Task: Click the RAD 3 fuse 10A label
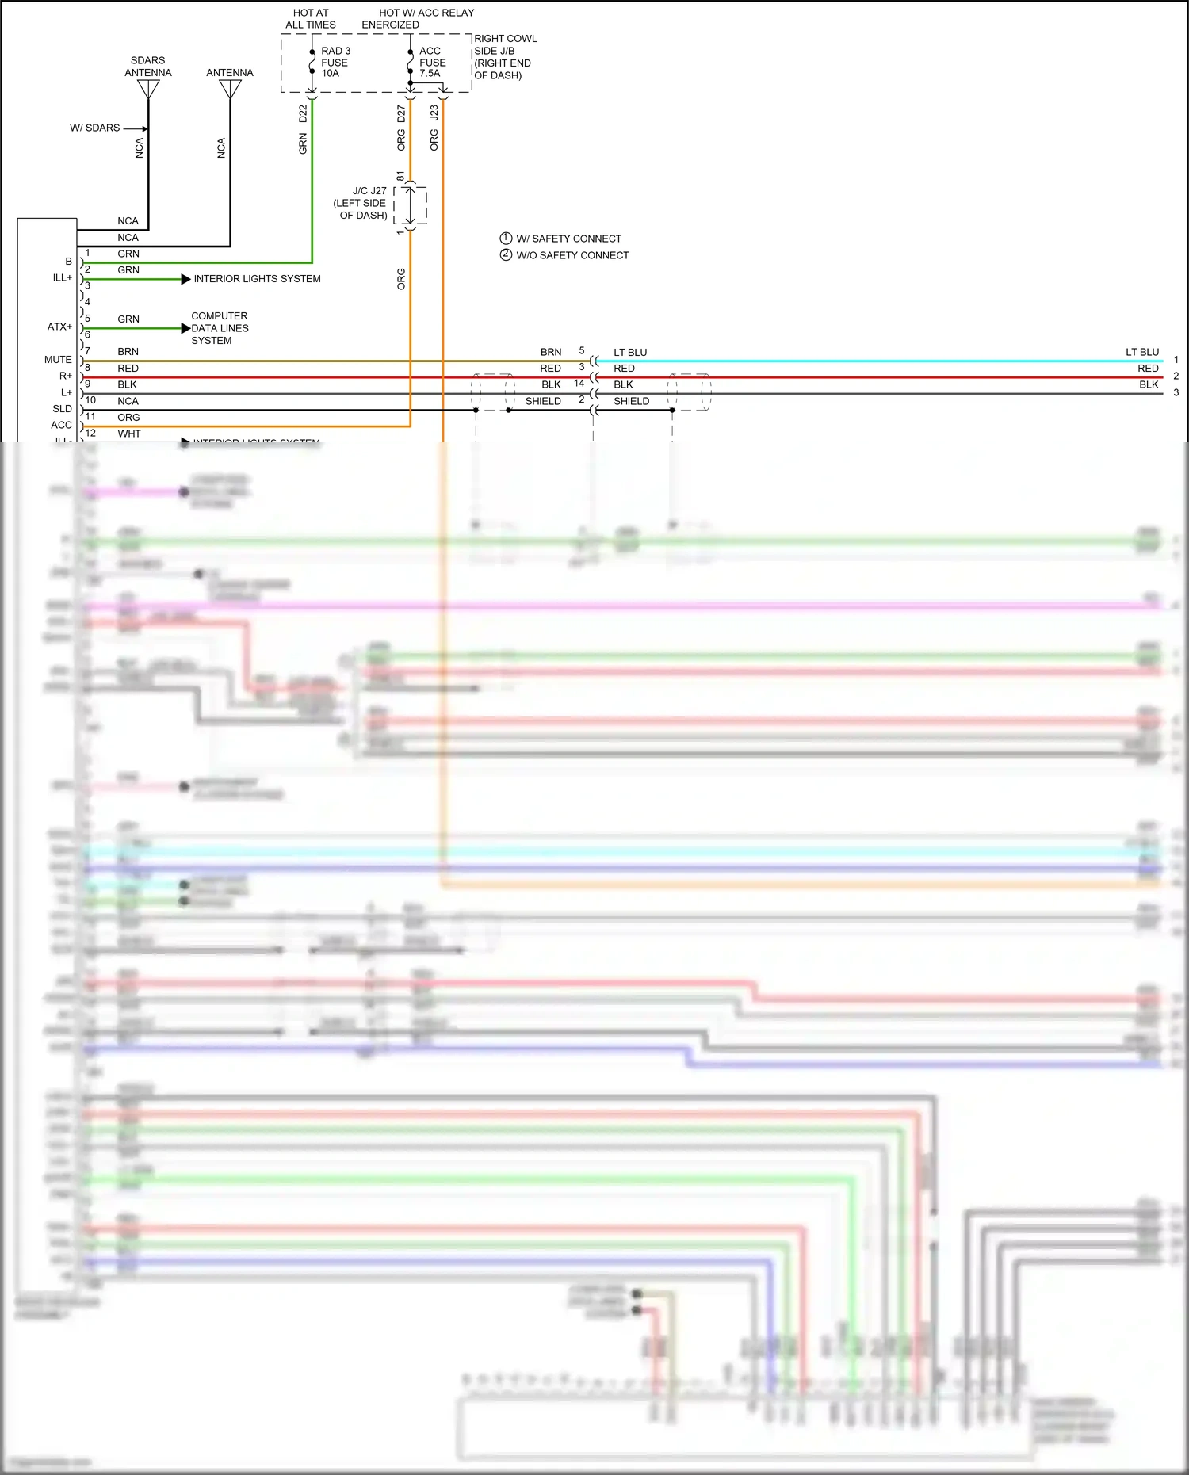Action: pyautogui.click(x=335, y=62)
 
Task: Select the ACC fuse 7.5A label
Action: pyautogui.click(x=432, y=62)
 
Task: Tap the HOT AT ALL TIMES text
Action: pyautogui.click(x=311, y=18)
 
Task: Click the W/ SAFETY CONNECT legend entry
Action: pyautogui.click(x=560, y=239)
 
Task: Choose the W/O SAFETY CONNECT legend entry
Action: pyautogui.click(x=564, y=255)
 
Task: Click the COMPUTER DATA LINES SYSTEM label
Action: pyautogui.click(x=220, y=328)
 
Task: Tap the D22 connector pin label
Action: pyautogui.click(x=303, y=113)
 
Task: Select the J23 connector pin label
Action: pyautogui.click(x=434, y=113)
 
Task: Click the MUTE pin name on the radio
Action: pyautogui.click(x=58, y=360)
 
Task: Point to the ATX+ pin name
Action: pyautogui.click(x=59, y=327)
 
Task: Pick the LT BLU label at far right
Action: pyautogui.click(x=1141, y=352)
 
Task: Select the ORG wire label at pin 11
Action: pyautogui.click(x=128, y=418)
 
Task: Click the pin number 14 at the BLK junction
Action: pyautogui.click(x=579, y=384)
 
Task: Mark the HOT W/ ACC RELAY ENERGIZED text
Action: pyautogui.click(x=419, y=18)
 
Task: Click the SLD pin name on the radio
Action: pyautogui.click(x=62, y=409)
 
